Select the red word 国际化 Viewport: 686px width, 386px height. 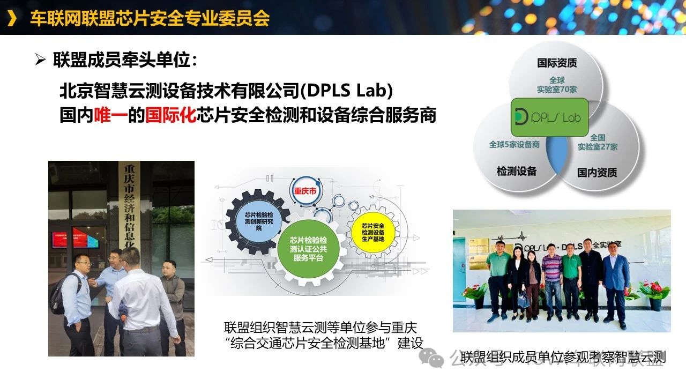171,115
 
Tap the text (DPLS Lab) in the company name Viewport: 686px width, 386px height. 347,91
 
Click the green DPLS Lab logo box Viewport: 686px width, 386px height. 549,117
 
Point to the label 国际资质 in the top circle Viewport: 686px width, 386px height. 557,63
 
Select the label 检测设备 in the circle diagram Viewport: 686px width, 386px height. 516,172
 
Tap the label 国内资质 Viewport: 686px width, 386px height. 597,173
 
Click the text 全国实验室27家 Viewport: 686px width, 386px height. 598,142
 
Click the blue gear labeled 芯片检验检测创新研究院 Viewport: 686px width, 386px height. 259,220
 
